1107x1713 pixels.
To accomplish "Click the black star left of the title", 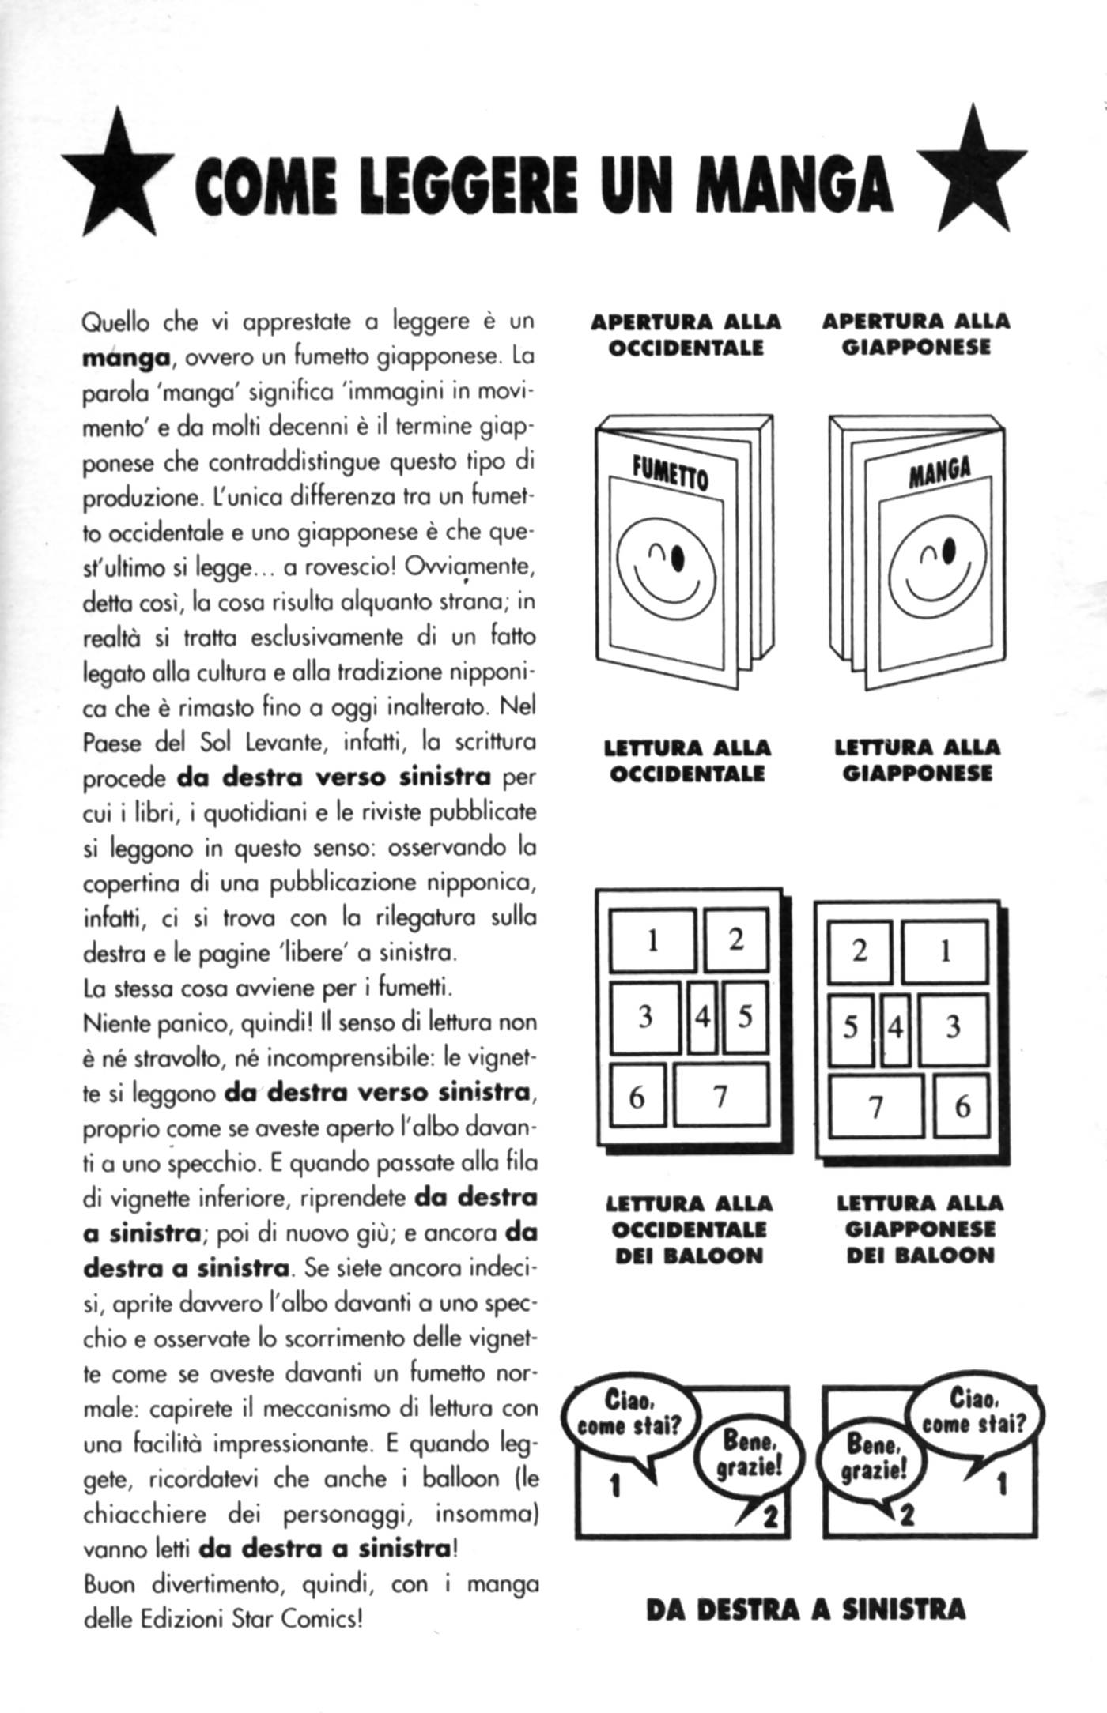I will (x=119, y=177).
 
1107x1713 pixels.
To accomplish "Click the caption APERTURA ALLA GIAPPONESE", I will (x=916, y=334).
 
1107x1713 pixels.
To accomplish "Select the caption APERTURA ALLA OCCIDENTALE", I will (x=686, y=334).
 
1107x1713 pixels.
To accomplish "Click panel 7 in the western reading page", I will (x=720, y=1095).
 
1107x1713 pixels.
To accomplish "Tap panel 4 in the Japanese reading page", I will (x=895, y=1028).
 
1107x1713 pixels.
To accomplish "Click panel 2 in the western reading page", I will (x=736, y=939).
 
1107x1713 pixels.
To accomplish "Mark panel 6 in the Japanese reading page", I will (x=961, y=1105).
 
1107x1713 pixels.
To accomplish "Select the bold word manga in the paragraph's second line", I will (x=127, y=357).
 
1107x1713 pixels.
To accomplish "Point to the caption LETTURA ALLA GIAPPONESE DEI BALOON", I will (x=920, y=1229).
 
